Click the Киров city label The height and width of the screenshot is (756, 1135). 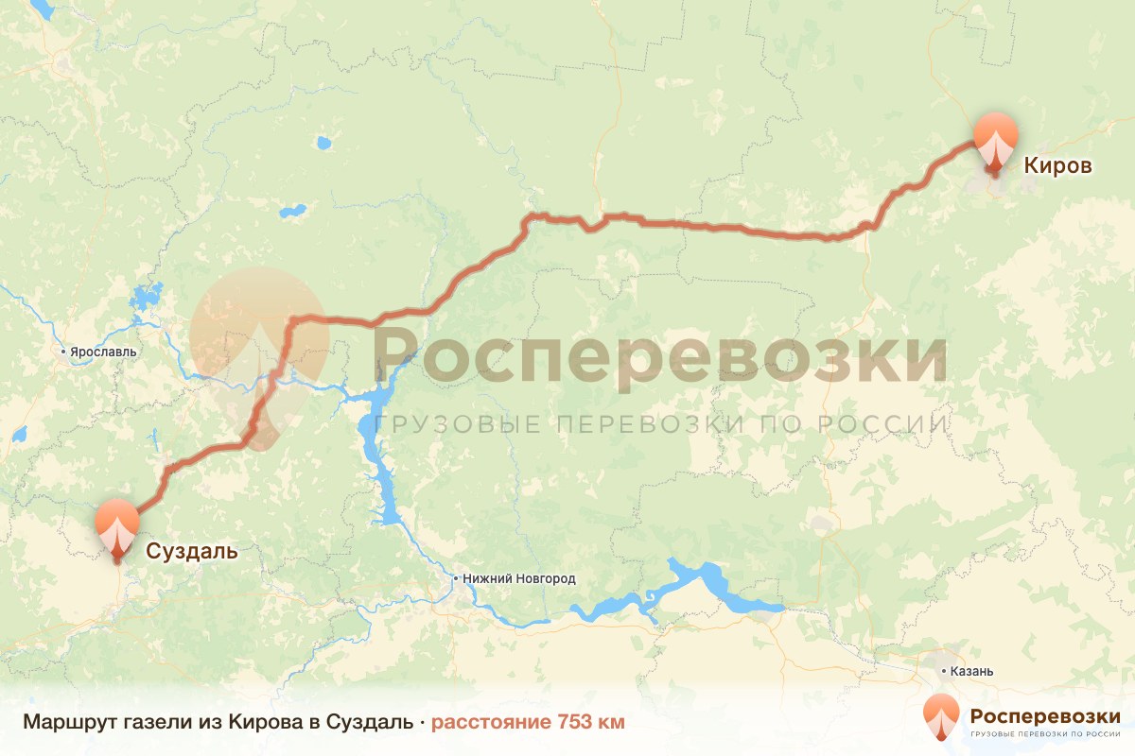coord(1058,166)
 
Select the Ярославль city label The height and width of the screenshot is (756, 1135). coord(103,352)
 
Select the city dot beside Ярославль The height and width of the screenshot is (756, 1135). coord(63,352)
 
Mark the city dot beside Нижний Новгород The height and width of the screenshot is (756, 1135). coord(456,578)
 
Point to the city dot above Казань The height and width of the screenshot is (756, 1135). coord(943,670)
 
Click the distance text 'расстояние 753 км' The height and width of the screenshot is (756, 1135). coord(528,723)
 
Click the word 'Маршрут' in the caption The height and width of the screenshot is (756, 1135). coord(65,723)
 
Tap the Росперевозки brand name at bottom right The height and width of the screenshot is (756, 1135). coord(1045,713)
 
